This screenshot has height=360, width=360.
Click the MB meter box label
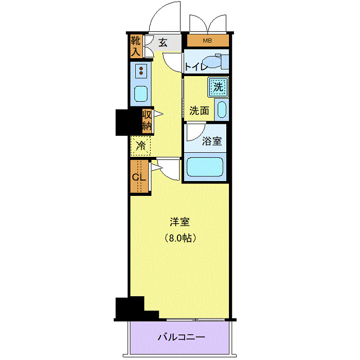pos(207,41)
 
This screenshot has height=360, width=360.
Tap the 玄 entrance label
pos(163,43)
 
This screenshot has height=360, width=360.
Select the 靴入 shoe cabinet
pos(136,46)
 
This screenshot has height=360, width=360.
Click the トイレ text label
pos(196,66)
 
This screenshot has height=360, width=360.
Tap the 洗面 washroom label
pos(199,110)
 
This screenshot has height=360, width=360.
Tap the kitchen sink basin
pos(140,93)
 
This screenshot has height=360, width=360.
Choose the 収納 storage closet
pos(146,120)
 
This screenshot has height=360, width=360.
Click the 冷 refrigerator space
pos(140,146)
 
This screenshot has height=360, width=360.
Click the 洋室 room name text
pos(180,223)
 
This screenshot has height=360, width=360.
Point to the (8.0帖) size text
pos(181,238)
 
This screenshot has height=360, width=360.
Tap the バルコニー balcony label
pos(181,338)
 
